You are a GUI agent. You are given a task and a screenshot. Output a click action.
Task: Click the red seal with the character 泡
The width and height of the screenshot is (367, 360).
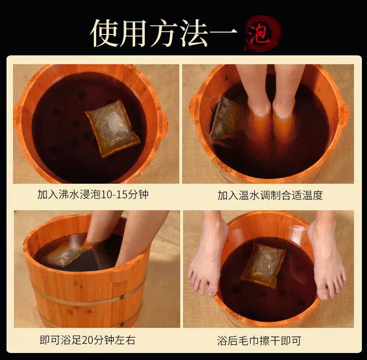(262, 33)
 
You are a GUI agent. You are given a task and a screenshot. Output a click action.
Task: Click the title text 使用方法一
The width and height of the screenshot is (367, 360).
(164, 33)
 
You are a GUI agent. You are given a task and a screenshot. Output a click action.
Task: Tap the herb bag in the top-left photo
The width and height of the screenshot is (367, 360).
(113, 128)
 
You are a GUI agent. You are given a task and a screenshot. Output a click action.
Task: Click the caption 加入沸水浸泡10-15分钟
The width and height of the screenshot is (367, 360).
(93, 194)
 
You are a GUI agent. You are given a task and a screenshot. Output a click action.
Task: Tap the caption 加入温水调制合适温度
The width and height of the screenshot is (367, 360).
(270, 195)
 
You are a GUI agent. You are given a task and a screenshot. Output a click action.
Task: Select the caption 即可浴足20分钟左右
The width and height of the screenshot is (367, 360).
(87, 340)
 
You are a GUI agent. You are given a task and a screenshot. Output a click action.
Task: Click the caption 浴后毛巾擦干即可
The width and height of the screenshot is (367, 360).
(259, 341)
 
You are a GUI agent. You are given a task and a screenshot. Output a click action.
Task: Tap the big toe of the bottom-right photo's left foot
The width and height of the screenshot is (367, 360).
(210, 289)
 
